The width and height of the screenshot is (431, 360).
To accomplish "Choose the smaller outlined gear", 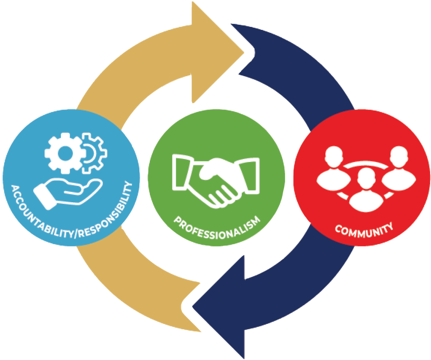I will tap(93, 152).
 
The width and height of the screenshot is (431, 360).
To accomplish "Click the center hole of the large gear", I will tap(64, 152).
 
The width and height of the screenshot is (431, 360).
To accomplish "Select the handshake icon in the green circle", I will tap(216, 179).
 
